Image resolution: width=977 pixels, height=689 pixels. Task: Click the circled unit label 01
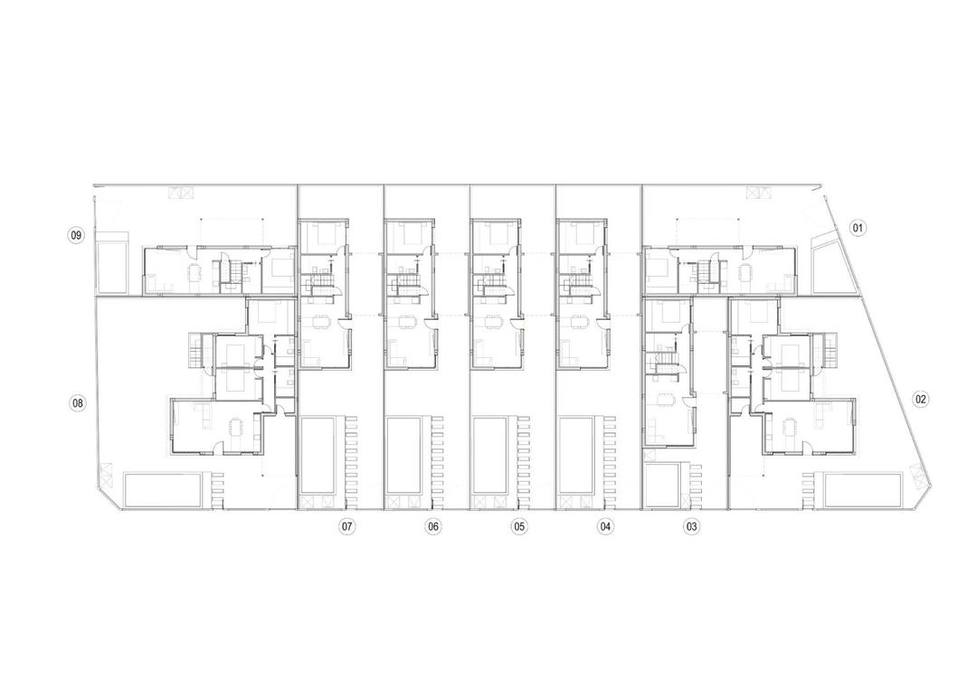tap(858, 228)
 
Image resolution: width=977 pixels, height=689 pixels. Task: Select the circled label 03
tap(692, 525)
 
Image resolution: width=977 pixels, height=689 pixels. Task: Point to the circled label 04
tap(605, 525)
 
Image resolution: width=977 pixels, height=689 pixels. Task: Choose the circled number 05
tap(519, 525)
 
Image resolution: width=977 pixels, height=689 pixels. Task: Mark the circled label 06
tap(433, 525)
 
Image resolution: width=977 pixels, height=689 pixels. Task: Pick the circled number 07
tap(346, 525)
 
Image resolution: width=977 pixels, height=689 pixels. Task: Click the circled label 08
tap(78, 402)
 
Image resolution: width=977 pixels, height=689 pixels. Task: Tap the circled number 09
tap(77, 236)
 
